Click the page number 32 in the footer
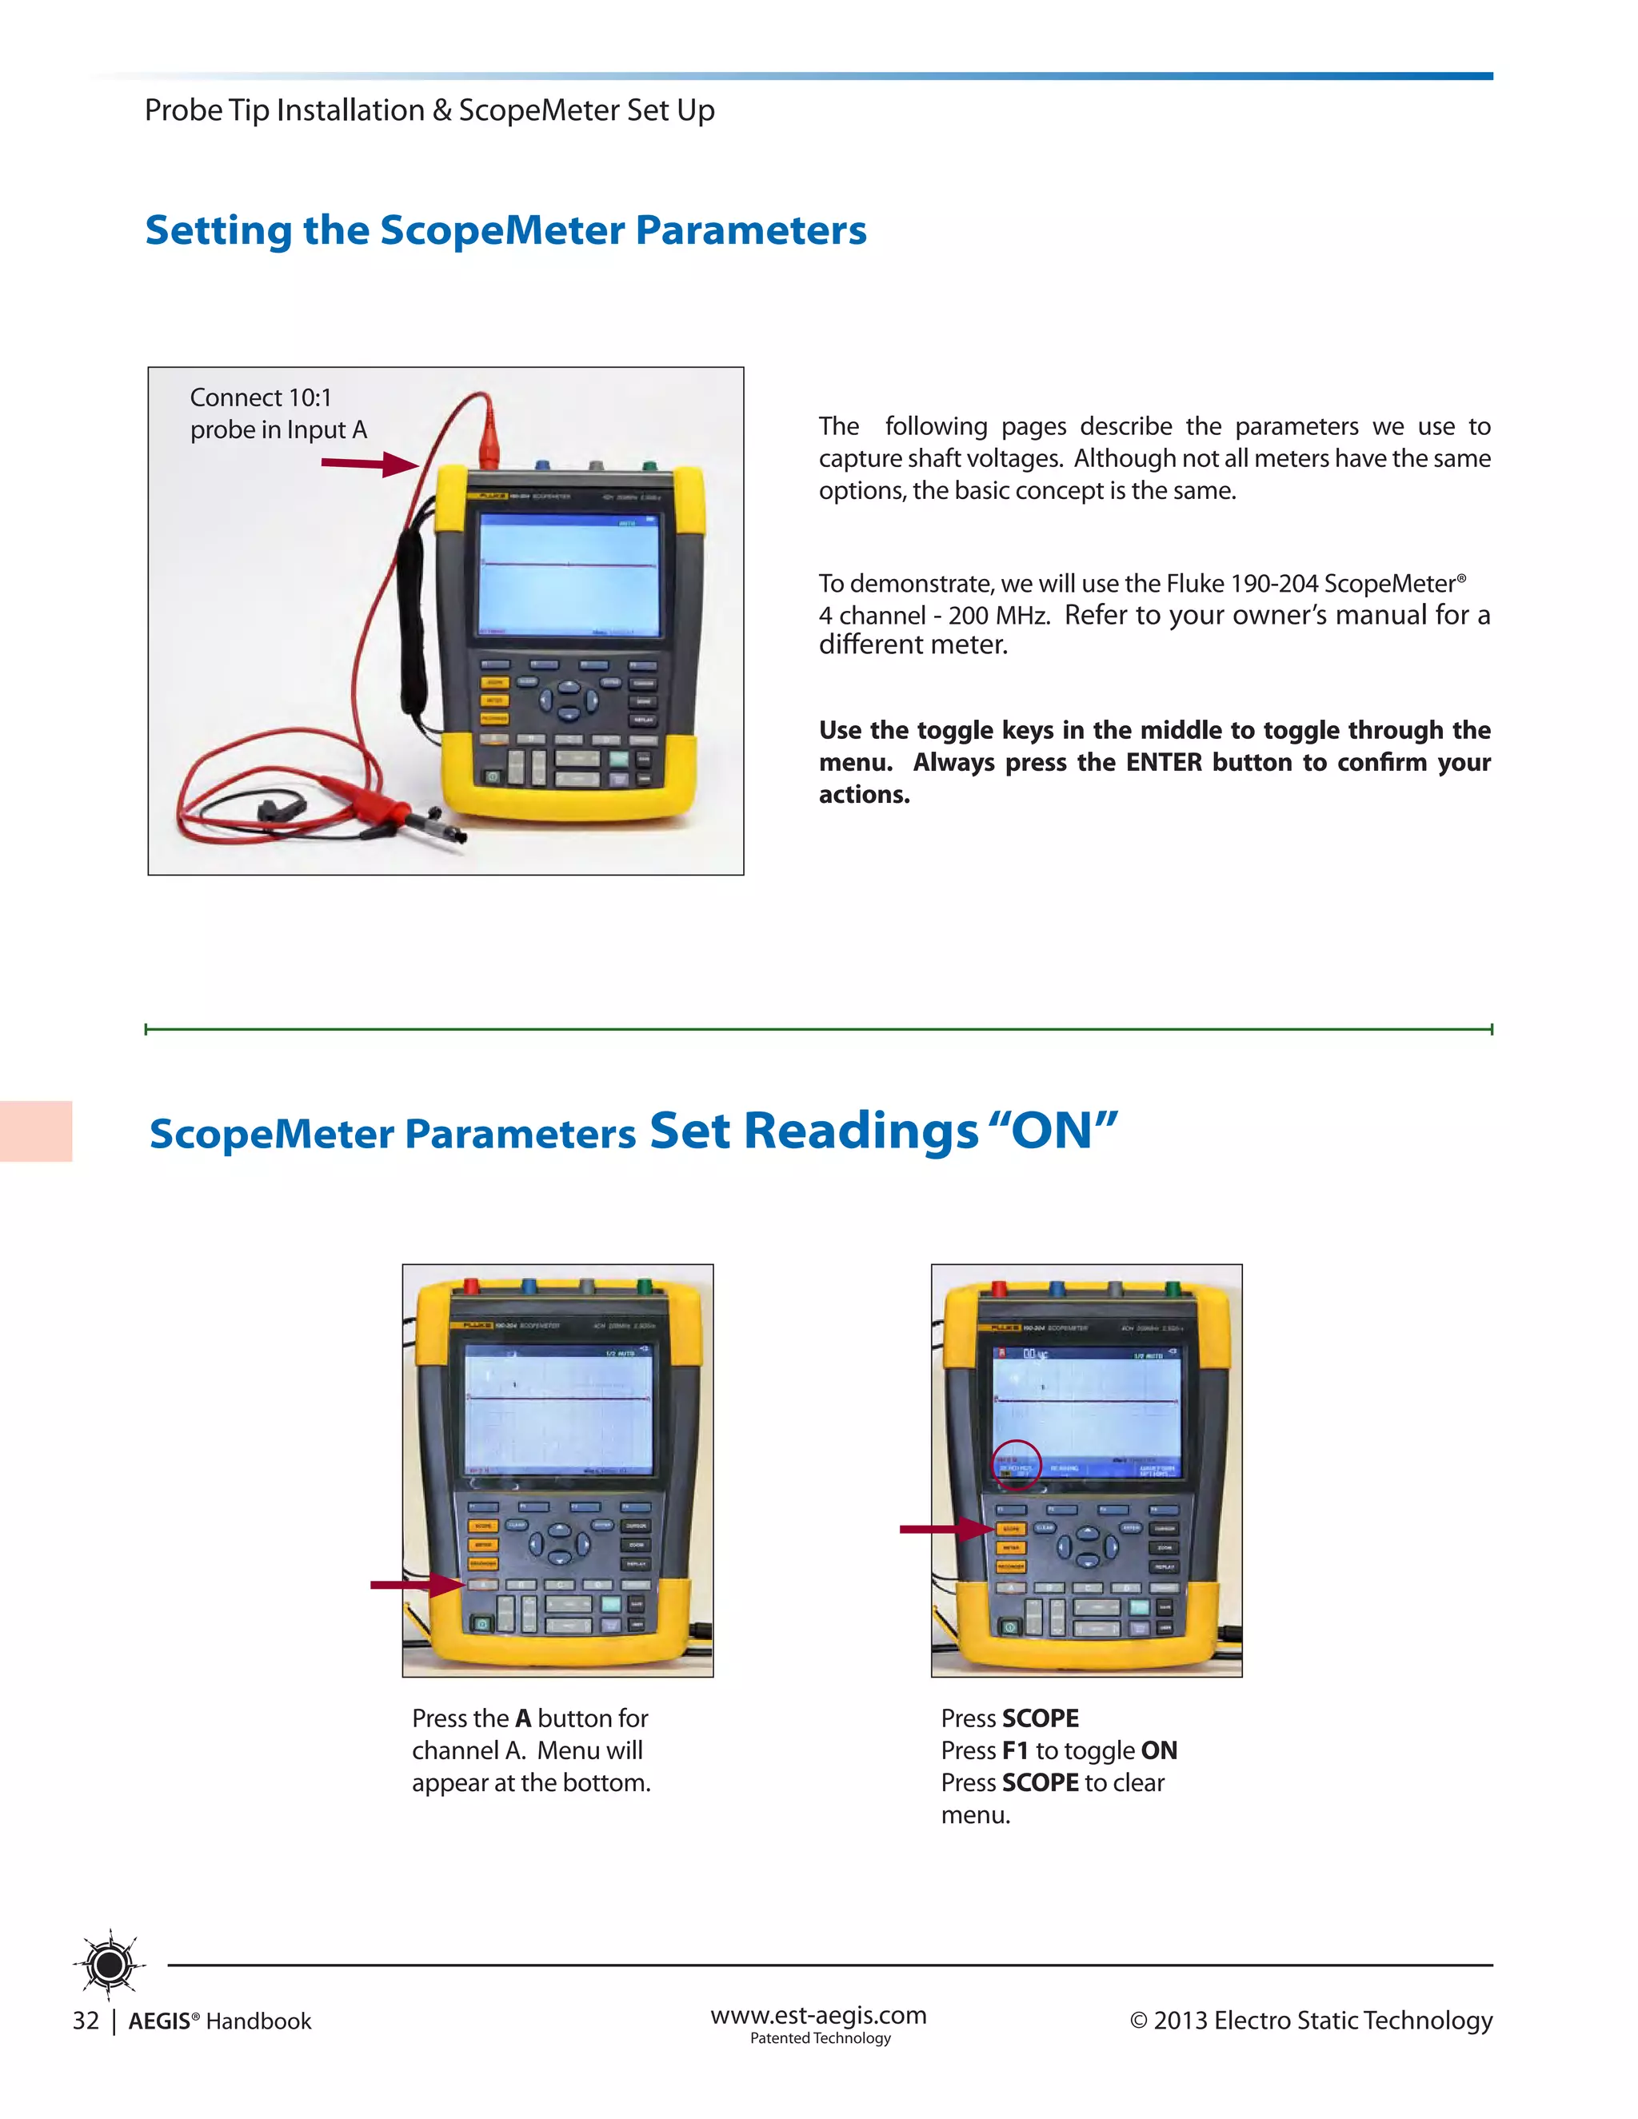[86, 2020]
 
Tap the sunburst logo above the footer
[110, 1964]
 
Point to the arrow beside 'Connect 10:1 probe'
[369, 464]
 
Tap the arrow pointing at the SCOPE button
[945, 1529]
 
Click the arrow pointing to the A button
[415, 1586]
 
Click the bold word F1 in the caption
[1015, 1750]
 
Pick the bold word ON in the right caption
[1159, 1750]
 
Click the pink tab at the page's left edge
[36, 1131]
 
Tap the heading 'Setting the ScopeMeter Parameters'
[505, 230]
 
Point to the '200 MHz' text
[998, 615]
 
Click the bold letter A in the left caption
[523, 1718]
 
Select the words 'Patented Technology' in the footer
[820, 2037]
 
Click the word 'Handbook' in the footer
[258, 2021]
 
